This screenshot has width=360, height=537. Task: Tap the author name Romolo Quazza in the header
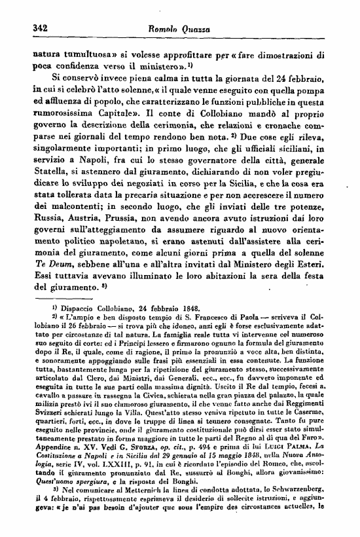[179, 29]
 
